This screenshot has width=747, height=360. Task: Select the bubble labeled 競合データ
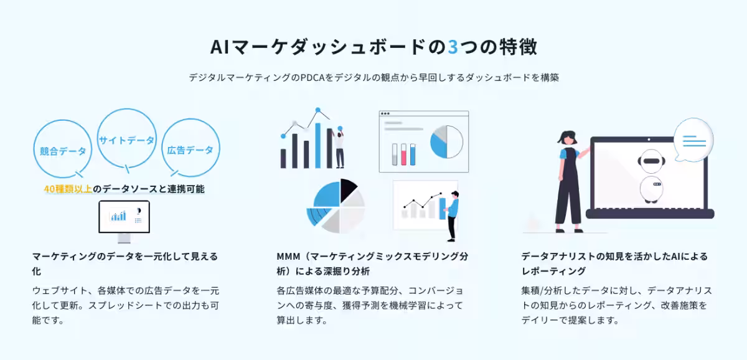point(63,150)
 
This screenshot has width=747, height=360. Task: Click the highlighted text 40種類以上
point(68,189)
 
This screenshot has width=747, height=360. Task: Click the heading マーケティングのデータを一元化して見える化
point(125,263)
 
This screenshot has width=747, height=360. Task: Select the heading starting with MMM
point(372,263)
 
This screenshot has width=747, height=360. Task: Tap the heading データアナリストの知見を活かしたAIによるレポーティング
point(614,263)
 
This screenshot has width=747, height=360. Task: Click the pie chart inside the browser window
point(446,141)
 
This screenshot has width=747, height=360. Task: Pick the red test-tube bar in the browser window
point(403,154)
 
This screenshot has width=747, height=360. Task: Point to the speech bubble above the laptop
point(693,140)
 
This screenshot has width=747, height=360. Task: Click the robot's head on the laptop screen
point(649,161)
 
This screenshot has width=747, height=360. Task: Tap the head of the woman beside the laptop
point(568,137)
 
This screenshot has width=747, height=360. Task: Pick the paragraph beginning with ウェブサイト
point(125,306)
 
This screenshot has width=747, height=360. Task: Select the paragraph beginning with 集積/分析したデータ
point(616,306)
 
